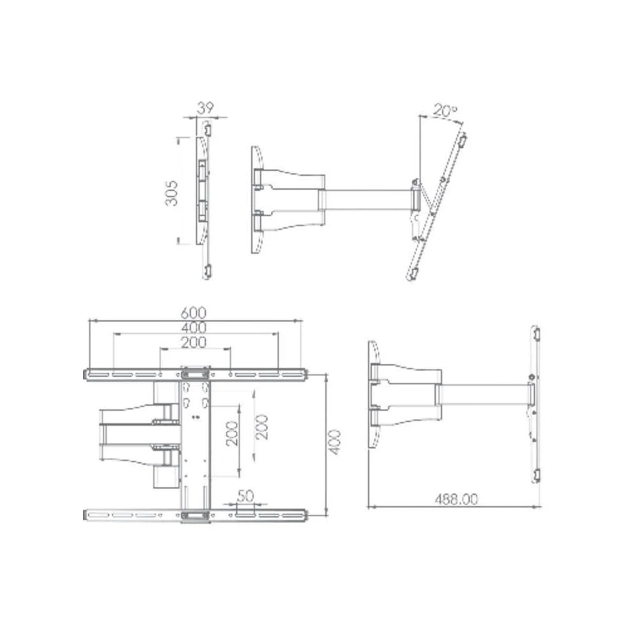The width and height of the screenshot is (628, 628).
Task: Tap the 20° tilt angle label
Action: pyautogui.click(x=445, y=111)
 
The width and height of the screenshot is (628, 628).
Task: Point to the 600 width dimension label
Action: pyautogui.click(x=194, y=312)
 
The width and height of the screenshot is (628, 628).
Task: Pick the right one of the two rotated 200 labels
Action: pyautogui.click(x=262, y=427)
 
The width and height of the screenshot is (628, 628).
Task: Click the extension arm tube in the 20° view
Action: pyautogui.click(x=367, y=200)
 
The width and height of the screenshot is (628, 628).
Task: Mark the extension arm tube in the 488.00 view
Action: pyautogui.click(x=484, y=394)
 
